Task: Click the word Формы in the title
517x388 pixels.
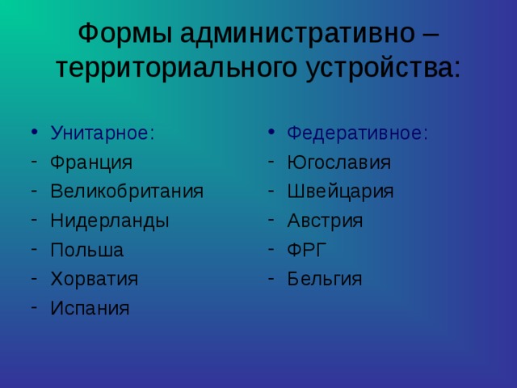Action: click(125, 34)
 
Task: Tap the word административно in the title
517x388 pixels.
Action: click(297, 34)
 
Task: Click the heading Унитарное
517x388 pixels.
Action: click(103, 133)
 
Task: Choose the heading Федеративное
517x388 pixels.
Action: click(357, 133)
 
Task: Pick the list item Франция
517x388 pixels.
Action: click(91, 162)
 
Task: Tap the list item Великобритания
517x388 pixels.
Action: click(127, 192)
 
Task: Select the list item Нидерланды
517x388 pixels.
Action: click(110, 221)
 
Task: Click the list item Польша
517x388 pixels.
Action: click(87, 250)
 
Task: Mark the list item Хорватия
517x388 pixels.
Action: click(95, 279)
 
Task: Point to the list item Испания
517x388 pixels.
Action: click(90, 308)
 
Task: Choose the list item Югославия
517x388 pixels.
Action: click(339, 162)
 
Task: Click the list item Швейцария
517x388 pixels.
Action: click(340, 192)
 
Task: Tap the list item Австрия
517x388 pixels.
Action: click(325, 221)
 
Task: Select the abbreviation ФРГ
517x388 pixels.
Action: click(307, 250)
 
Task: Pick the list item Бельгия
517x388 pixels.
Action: click(325, 279)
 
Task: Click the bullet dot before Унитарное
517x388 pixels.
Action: click(34, 132)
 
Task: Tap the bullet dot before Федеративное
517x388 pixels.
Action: click(271, 132)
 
